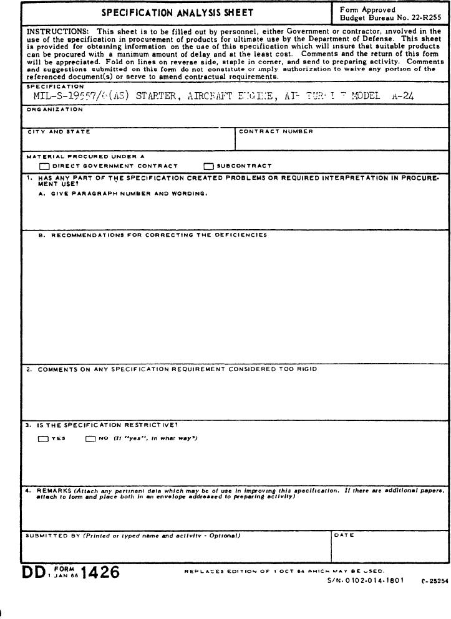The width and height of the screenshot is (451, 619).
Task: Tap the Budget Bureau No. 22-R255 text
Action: (390, 18)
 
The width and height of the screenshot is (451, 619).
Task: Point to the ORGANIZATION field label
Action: (54, 109)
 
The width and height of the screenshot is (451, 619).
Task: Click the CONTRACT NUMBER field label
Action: (276, 131)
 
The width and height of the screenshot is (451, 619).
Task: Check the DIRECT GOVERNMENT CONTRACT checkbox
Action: (44, 166)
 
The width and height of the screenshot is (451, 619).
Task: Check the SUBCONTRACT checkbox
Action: (208, 166)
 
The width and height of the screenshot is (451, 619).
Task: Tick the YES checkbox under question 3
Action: (43, 438)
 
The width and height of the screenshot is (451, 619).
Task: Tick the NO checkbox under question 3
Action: (90, 438)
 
